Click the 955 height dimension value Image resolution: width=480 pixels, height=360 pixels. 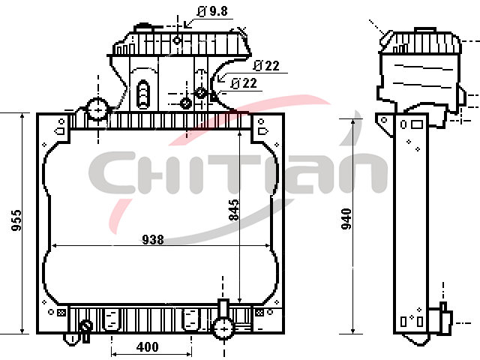click(x=16, y=220)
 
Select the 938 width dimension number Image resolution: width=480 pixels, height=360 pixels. click(x=153, y=239)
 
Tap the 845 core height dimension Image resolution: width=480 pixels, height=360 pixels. click(x=234, y=210)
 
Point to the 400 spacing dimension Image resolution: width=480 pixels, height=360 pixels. click(x=148, y=346)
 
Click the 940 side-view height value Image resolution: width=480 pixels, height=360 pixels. click(x=346, y=219)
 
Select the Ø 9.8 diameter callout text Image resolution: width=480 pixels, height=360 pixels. click(x=212, y=11)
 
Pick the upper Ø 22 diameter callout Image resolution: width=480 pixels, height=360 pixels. click(x=267, y=65)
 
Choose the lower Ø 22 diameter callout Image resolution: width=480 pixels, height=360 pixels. click(x=244, y=83)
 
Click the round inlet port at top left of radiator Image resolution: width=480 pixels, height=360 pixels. click(x=97, y=109)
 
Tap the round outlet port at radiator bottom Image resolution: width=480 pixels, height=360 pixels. click(x=224, y=328)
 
